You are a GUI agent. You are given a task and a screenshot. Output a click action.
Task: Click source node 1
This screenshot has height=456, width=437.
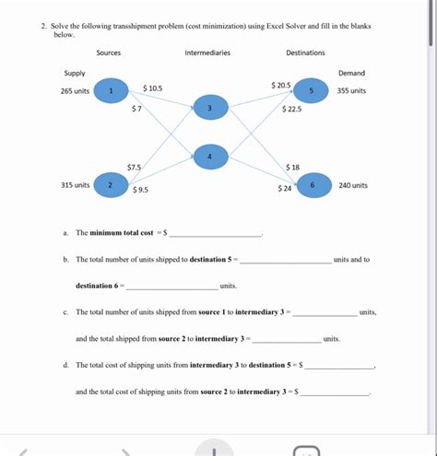[111, 91]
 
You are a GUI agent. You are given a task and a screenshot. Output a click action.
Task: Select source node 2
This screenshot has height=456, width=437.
[111, 184]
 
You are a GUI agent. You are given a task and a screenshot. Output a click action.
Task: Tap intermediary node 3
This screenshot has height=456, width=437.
[210, 111]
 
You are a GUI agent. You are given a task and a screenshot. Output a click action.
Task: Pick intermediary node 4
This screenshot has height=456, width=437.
[210, 158]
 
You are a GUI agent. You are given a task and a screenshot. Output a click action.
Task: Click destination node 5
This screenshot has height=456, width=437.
[312, 91]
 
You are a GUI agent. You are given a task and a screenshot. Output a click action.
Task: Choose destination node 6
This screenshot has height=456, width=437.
[313, 184]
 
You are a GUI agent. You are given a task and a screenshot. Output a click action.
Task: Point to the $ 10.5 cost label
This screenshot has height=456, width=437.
[153, 88]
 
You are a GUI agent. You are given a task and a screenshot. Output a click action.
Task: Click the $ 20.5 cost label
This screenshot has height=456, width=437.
[281, 85]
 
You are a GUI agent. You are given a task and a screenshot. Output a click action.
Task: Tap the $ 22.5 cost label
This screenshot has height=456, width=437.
[291, 109]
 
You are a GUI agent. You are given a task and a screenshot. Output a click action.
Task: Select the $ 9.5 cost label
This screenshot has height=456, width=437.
[141, 190]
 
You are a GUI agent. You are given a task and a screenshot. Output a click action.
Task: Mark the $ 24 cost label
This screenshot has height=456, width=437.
[285, 189]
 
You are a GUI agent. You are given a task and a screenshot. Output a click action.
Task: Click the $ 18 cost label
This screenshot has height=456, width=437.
[292, 167]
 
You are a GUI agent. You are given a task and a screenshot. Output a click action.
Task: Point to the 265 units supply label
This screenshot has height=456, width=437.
[75, 91]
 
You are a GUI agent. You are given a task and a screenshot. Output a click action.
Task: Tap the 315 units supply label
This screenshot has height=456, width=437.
[75, 184]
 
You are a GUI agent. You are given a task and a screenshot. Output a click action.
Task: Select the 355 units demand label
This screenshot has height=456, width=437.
[351, 91]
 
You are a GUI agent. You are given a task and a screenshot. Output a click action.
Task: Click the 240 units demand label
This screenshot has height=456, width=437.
[353, 184]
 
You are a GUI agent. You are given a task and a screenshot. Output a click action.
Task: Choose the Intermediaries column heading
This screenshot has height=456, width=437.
[207, 53]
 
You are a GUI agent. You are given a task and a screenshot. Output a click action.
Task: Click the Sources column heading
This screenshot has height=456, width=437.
[109, 53]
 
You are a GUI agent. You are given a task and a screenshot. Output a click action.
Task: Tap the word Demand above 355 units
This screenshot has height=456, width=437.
[351, 73]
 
